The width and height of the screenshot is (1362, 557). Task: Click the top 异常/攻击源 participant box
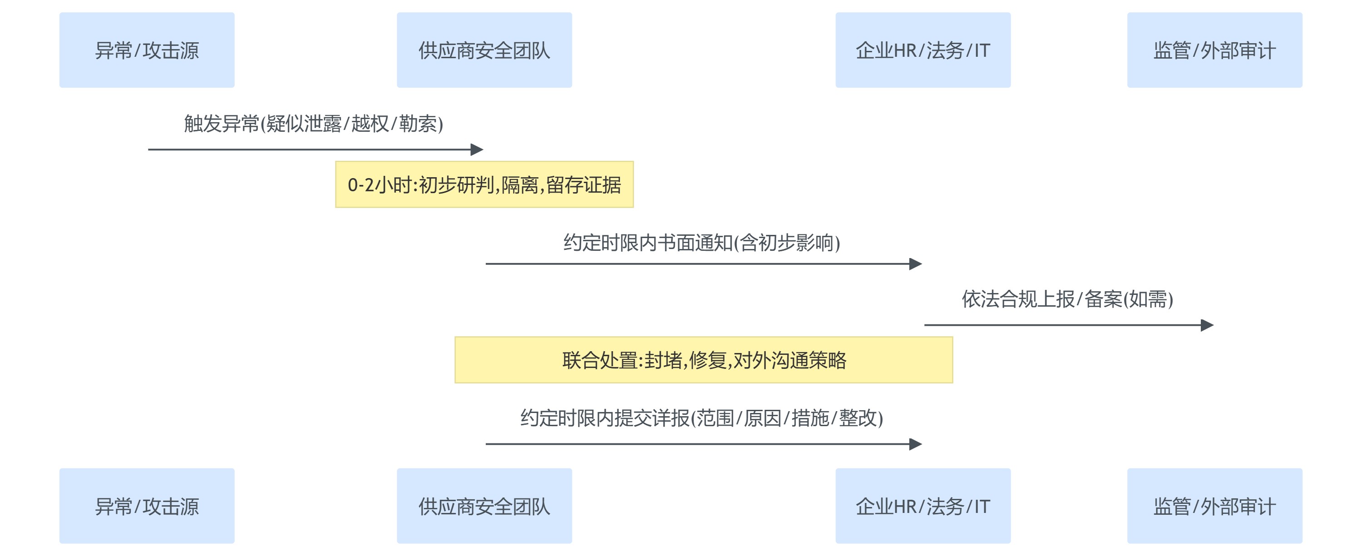click(x=147, y=50)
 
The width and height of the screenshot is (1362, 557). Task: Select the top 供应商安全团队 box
click(x=484, y=50)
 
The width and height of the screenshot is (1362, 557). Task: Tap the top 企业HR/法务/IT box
click(x=923, y=50)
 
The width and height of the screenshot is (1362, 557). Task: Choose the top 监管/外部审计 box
click(x=1214, y=50)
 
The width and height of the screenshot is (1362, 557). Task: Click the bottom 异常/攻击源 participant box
click(x=147, y=506)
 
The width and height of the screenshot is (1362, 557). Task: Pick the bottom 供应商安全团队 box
click(x=484, y=506)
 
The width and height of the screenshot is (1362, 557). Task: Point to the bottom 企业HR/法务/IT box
click(x=923, y=506)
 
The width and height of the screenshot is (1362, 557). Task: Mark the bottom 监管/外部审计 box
click(x=1214, y=506)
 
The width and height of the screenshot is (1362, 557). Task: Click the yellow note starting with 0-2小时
click(x=484, y=184)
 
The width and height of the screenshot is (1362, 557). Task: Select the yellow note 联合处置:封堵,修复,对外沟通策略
click(x=703, y=360)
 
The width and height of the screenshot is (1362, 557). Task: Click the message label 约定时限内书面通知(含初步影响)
click(x=701, y=243)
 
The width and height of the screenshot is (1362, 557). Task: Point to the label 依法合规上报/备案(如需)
click(x=1067, y=299)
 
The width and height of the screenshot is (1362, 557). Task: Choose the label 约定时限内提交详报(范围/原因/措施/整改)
click(x=701, y=418)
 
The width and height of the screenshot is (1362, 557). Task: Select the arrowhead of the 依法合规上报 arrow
click(x=1207, y=325)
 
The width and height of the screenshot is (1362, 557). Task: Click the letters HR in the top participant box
click(x=905, y=51)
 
